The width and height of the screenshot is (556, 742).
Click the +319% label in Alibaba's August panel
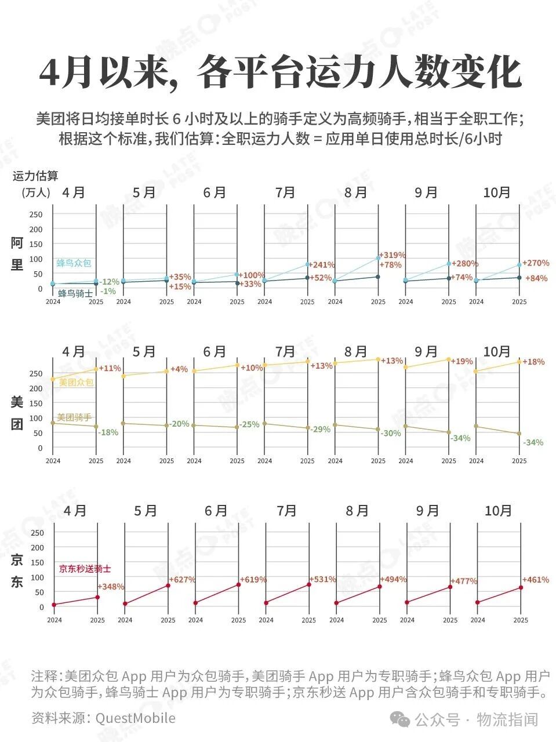point(393,255)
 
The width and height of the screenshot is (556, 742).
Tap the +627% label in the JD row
point(182,579)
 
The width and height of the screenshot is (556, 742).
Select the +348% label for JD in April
point(111,587)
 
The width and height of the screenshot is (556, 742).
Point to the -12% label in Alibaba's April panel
point(109,282)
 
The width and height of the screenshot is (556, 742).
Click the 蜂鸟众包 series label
point(74,263)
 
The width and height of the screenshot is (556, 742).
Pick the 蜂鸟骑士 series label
point(75,293)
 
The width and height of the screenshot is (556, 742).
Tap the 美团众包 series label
point(76,383)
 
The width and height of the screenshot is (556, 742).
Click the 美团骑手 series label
point(74,417)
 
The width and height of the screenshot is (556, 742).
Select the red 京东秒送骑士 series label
point(85,569)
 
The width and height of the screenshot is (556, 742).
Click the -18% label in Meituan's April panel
point(108,432)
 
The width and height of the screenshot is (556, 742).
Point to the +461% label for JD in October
point(536,580)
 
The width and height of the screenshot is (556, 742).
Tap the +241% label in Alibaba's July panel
point(322,265)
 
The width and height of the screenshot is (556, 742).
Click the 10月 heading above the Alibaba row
point(497,192)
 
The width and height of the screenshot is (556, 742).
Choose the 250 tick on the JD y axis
point(37,533)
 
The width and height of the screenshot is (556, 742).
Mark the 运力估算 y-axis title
point(35,176)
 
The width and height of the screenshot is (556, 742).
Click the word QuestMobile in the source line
point(135,718)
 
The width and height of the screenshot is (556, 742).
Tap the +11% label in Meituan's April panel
point(110,368)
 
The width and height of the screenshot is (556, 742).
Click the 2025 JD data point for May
point(168,585)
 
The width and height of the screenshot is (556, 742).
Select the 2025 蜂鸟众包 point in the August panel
point(378,258)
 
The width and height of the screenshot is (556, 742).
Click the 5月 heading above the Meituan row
point(144,352)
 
